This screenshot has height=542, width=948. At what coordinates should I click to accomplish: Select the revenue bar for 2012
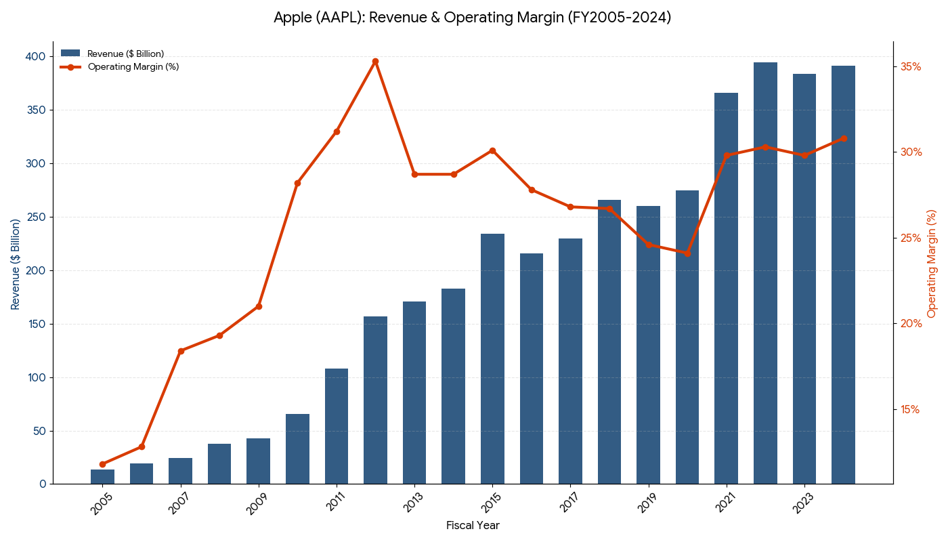coord(375,400)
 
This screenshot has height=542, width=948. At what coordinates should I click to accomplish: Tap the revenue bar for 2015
coord(492,358)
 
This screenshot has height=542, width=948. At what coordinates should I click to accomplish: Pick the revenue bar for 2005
coord(103,477)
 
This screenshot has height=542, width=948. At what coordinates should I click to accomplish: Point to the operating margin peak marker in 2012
coord(375,62)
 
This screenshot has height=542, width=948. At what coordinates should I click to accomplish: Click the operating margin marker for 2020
coord(687,253)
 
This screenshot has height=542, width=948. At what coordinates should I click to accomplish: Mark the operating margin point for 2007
coord(181,351)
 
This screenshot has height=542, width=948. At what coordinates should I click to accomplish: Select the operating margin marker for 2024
coord(843,138)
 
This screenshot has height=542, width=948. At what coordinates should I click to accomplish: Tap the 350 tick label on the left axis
coord(37,110)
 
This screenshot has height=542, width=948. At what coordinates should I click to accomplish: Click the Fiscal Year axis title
coord(473,526)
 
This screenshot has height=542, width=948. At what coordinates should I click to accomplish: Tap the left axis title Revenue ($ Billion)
coord(16,264)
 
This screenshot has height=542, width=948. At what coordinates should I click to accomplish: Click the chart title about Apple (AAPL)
coord(473,18)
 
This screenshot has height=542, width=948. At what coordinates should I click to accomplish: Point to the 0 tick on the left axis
coord(43,484)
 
